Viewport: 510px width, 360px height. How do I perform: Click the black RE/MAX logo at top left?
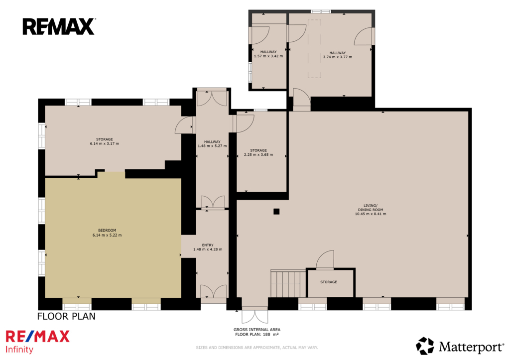point(59,26)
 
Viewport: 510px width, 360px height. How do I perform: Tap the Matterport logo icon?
point(425,346)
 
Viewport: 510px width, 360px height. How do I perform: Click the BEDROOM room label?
point(107,231)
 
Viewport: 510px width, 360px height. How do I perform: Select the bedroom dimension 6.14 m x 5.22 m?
point(107,235)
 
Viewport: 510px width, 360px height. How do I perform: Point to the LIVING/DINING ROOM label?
point(371,208)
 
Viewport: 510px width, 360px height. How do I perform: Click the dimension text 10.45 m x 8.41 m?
point(371,214)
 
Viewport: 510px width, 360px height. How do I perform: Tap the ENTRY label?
point(208,245)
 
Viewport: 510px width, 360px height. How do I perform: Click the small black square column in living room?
point(276,212)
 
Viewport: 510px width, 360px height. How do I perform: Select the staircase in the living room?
point(288,283)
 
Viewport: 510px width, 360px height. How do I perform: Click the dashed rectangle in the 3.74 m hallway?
point(315,49)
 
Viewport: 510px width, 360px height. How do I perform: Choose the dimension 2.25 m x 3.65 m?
point(258,155)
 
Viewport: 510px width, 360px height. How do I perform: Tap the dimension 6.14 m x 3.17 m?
point(105,143)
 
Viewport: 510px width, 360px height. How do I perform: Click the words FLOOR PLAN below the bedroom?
point(66,316)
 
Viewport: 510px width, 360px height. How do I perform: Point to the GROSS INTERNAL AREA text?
point(257,330)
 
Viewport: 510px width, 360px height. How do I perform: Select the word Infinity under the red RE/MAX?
point(19,350)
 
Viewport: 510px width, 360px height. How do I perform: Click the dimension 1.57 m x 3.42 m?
point(268,56)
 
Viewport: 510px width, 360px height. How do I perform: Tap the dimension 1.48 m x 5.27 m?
point(212,146)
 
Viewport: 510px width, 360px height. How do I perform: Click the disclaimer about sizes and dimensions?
point(257,348)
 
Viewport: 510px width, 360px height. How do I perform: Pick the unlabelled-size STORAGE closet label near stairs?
point(329,282)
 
